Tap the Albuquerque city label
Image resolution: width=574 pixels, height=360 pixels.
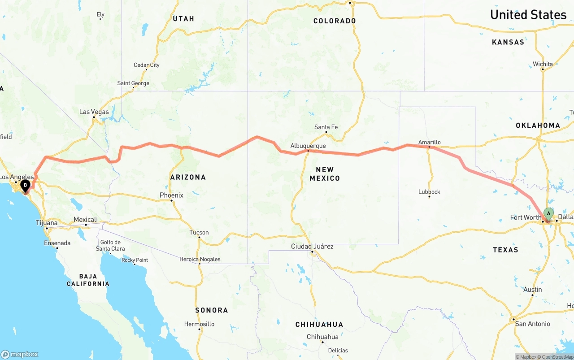308,146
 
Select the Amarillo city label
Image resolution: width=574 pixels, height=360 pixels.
429,142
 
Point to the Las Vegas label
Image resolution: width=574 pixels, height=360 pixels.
94,112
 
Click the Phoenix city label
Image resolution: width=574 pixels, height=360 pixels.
172,195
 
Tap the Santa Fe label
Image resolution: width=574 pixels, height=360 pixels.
326,127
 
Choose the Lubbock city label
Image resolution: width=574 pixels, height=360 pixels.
429,191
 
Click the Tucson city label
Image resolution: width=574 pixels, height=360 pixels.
199,232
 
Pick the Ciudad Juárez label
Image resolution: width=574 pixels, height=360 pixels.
312,246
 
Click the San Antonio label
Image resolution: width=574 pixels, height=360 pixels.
532,324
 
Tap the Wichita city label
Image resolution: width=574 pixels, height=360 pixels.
543,64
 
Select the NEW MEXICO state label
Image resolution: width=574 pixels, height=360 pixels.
325,173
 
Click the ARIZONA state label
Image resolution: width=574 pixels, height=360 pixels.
188,177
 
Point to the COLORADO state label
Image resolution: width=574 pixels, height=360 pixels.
335,21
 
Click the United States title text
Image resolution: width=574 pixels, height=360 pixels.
528,14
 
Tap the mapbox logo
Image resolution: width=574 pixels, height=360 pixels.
20,354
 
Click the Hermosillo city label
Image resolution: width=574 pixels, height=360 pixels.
199,324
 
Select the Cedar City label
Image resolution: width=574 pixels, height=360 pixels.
146,65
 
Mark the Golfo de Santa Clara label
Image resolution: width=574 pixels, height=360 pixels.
110,245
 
